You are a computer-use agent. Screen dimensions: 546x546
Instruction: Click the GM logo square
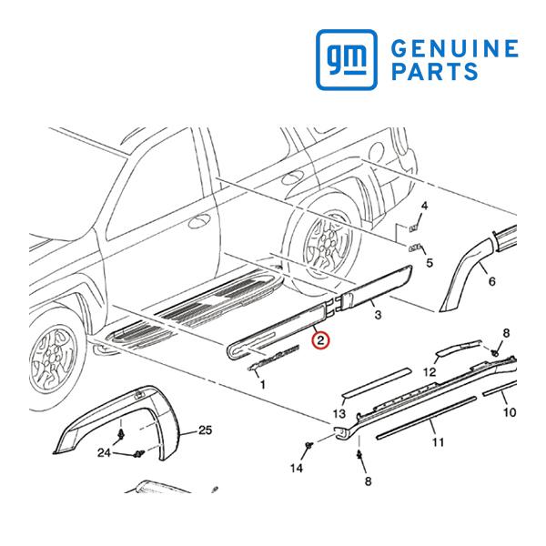coord(347,59)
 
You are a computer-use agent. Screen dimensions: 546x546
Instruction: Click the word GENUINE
coord(455,48)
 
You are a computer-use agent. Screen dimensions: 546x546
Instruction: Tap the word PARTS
coord(435,71)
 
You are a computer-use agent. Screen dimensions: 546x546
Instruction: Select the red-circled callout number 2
coord(320,340)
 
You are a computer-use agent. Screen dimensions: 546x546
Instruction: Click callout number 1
coord(263,384)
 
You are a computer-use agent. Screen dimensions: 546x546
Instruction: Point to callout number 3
coord(379,315)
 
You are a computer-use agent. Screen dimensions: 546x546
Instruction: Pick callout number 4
coord(424,206)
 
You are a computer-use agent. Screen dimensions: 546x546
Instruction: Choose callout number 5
coord(430,263)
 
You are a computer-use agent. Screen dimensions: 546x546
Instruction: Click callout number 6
coord(491,281)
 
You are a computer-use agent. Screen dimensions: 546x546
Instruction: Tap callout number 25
coord(205,430)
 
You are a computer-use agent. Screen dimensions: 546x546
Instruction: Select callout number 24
coord(104,452)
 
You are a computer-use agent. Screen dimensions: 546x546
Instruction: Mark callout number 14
coord(297,469)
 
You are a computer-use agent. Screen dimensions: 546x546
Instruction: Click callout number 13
coord(339,414)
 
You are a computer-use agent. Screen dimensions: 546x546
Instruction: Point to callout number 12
coord(430,372)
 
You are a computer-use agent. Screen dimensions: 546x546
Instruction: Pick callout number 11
coord(438,442)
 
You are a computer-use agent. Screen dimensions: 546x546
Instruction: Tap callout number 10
coord(510,412)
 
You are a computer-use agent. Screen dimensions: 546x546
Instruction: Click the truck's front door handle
coord(199,221)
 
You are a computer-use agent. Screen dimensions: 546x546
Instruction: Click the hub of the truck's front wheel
coord(53,354)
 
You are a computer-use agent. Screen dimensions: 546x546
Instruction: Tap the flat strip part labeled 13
coord(376,382)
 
